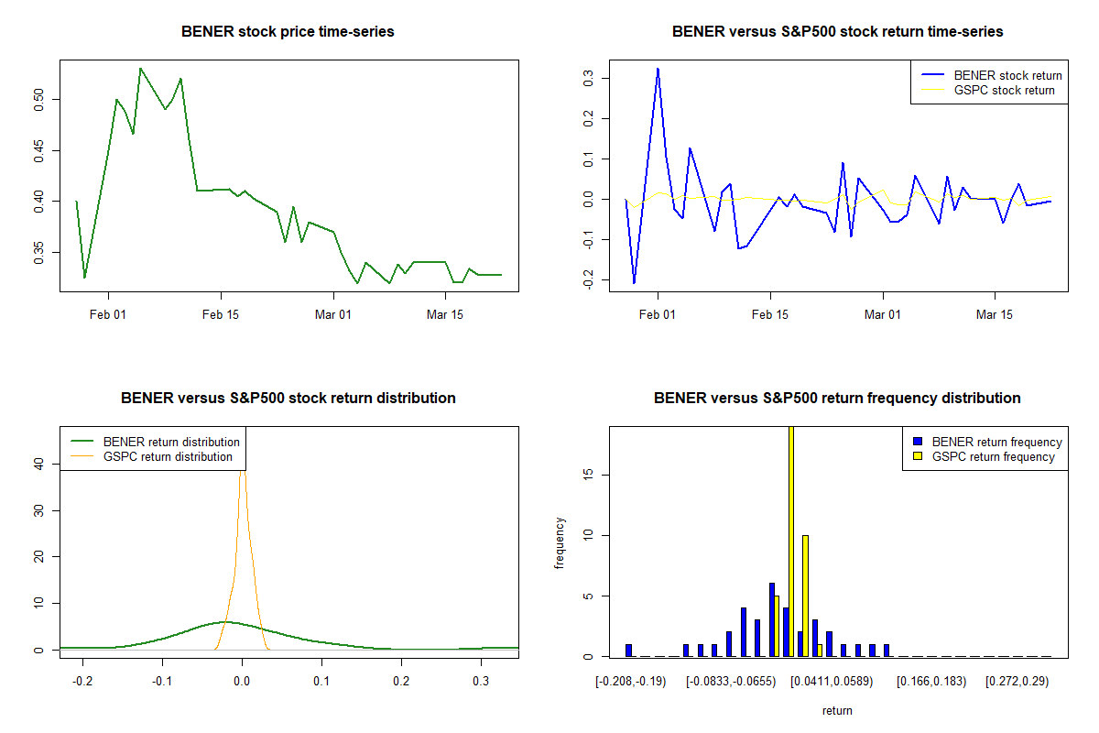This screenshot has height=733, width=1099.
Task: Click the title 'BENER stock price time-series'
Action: coord(288,32)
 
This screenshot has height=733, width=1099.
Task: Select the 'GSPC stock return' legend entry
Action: coord(1004,90)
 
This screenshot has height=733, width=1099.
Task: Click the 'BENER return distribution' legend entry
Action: coord(171,442)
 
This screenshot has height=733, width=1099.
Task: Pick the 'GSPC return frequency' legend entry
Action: coord(993,456)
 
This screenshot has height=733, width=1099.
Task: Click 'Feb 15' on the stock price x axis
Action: coord(221,314)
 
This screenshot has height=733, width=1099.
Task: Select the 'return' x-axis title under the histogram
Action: coord(837,710)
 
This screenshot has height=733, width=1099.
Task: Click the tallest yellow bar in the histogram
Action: coord(790,541)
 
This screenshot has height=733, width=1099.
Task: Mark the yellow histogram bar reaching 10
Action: coord(805,596)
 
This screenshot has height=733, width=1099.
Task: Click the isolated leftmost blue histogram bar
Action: coord(628,651)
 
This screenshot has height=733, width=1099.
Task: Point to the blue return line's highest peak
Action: coord(658,69)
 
